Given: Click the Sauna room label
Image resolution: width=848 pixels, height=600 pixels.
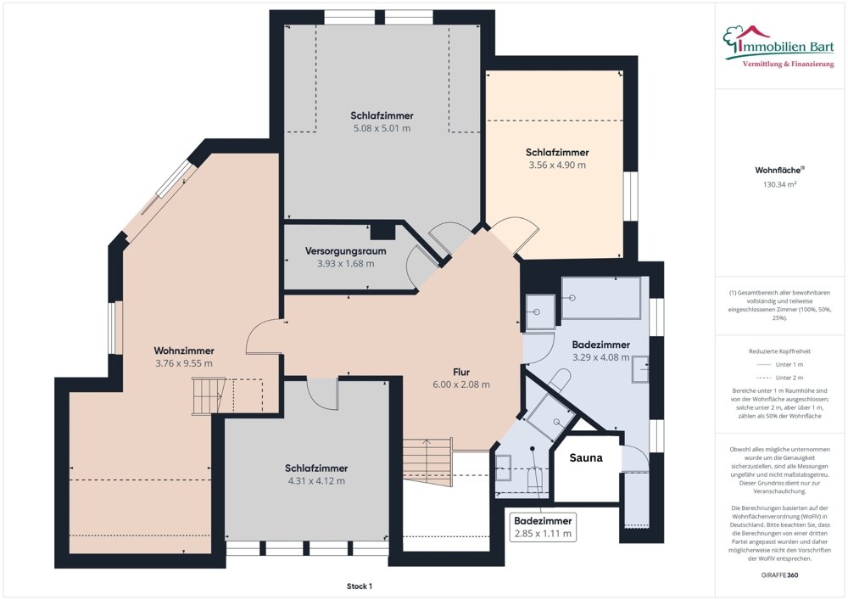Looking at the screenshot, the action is tap(586, 457).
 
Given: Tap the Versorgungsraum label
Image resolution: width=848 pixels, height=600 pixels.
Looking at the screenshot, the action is tap(346, 251).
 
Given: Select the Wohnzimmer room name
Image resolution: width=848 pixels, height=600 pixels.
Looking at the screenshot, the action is tap(184, 350).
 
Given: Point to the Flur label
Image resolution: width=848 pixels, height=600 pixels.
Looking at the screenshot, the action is tap(461, 372).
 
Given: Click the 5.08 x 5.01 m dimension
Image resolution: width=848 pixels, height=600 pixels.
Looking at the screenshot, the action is tap(382, 128).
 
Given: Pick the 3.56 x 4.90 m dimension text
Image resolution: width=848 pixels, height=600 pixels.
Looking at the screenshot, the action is tap(557, 165).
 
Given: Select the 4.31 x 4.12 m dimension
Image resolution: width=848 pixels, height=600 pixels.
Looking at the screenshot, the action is tap(316, 481).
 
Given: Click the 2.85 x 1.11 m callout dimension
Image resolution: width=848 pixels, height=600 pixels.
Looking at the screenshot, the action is tap(543, 534).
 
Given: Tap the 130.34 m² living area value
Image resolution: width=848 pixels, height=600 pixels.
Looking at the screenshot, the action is tap(780, 184).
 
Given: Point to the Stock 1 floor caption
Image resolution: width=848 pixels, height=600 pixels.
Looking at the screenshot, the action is tap(360, 586).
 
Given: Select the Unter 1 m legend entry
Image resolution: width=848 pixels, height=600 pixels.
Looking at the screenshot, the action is tap(779, 365).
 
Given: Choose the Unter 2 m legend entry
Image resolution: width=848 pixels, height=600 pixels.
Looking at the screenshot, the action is tap(779, 378).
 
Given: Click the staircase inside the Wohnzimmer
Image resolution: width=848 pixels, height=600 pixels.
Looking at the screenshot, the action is tap(209, 396).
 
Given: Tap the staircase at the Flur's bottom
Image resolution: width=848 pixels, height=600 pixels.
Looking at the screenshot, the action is tap(427, 463).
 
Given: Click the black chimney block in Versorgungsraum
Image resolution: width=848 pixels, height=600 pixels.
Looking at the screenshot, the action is tap(383, 231).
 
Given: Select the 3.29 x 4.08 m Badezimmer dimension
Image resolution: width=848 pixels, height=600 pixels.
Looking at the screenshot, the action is tap(601, 357).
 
